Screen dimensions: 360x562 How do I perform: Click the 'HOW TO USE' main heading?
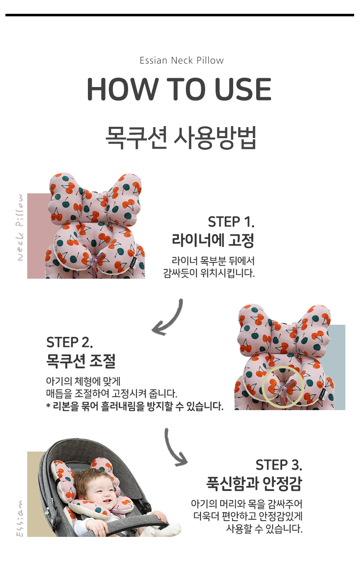click(x=179, y=89)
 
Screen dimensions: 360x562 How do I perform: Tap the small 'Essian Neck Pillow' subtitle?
click(x=182, y=60)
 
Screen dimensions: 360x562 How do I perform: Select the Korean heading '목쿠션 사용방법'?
click(x=180, y=137)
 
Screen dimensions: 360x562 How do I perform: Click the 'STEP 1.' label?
click(x=231, y=222)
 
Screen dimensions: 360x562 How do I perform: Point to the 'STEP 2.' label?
click(x=69, y=342)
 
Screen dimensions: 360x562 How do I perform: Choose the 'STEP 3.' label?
click(x=279, y=465)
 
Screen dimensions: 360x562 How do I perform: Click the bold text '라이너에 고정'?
click(x=213, y=240)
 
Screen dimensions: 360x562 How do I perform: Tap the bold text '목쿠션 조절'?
click(x=81, y=361)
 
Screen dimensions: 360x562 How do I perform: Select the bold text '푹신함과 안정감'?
click(x=254, y=483)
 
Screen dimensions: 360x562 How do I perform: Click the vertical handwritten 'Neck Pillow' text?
click(x=20, y=227)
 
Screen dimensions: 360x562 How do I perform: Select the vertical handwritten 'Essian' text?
click(x=20, y=518)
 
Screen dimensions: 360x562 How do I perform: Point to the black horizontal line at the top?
click(x=180, y=15)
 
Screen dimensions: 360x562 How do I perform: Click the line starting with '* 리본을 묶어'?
click(x=135, y=406)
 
